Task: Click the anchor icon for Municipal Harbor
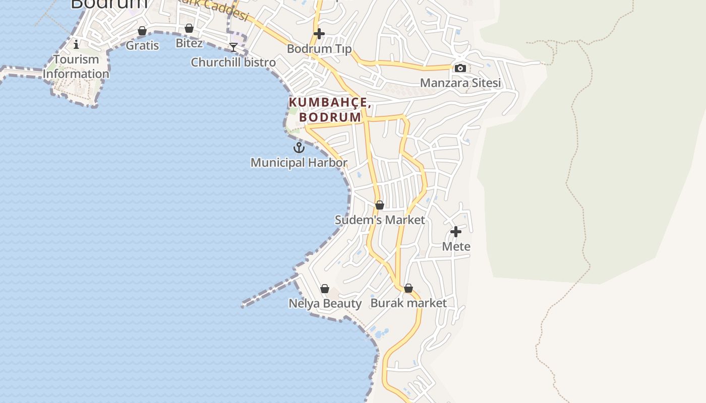click(299, 148)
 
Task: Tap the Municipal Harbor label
click(299, 163)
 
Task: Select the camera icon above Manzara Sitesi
click(460, 68)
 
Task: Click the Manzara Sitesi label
click(460, 83)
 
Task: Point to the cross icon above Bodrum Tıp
click(319, 34)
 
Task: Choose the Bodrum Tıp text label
click(319, 49)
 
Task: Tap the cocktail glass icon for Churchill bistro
click(233, 48)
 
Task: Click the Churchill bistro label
click(233, 62)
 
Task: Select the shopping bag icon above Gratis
click(142, 31)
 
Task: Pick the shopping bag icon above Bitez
click(189, 29)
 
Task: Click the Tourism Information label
click(76, 66)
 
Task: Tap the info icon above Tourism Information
click(76, 44)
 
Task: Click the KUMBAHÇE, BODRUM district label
click(330, 110)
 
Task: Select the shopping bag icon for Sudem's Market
click(380, 205)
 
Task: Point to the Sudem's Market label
click(380, 220)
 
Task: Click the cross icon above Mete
click(456, 232)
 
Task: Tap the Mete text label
click(456, 246)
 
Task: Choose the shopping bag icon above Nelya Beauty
click(325, 289)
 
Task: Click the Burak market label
click(408, 303)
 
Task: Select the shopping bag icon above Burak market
click(408, 288)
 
